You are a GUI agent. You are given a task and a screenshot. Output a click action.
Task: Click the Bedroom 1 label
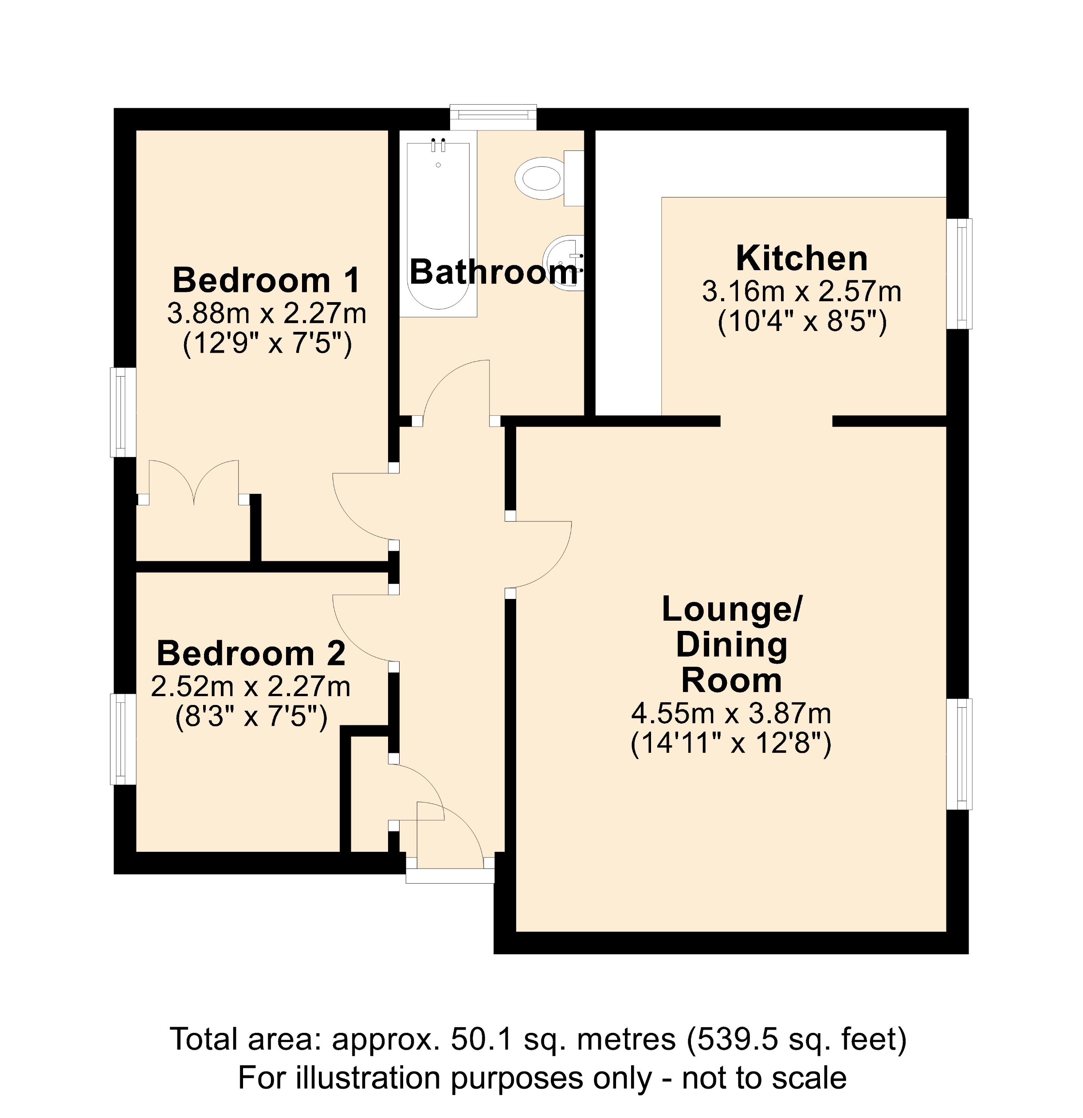point(267,281)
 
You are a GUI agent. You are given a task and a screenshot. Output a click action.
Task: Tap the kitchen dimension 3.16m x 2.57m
point(801,292)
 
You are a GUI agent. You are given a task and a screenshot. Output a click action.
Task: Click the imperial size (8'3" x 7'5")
point(251,717)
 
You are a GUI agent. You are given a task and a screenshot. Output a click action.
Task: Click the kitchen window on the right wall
point(960,274)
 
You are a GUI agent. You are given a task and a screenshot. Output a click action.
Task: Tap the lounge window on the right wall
point(960,754)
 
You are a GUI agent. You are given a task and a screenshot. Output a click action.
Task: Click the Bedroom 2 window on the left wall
point(122,739)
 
